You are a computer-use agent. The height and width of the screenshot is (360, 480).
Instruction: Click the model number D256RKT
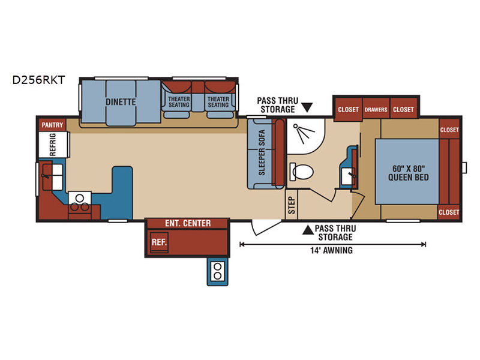tap(38, 80)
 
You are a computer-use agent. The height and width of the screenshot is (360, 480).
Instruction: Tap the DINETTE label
tap(121, 102)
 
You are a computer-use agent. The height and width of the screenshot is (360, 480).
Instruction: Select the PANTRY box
tap(52, 125)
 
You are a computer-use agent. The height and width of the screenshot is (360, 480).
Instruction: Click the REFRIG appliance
tap(53, 145)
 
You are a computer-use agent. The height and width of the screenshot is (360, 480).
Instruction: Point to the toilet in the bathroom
tap(301, 172)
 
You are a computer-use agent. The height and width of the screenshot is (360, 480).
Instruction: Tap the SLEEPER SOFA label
tap(262, 152)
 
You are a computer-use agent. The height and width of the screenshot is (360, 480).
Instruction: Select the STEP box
tap(292, 205)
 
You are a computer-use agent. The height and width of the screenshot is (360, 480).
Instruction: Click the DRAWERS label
tap(376, 110)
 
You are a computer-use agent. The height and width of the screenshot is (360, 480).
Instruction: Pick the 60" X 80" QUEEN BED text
tap(409, 173)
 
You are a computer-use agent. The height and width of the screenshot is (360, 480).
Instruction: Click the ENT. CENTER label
tap(188, 223)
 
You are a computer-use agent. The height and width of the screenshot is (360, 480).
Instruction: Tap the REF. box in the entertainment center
tap(159, 242)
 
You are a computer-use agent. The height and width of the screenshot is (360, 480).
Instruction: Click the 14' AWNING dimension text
tap(332, 250)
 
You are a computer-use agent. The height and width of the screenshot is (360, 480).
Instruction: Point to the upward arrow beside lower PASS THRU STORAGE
tap(308, 230)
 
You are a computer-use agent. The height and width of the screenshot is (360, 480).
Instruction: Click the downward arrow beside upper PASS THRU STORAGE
tap(307, 107)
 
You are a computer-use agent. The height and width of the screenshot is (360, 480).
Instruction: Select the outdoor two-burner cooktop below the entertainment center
tap(218, 271)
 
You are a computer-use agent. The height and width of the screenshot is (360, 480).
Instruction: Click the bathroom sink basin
tap(348, 176)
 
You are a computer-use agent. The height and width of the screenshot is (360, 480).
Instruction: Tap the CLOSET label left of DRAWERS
tap(348, 110)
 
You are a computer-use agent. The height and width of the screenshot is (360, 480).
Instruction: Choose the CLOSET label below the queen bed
tap(449, 212)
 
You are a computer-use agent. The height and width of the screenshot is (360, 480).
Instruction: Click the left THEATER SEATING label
tap(179, 102)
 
